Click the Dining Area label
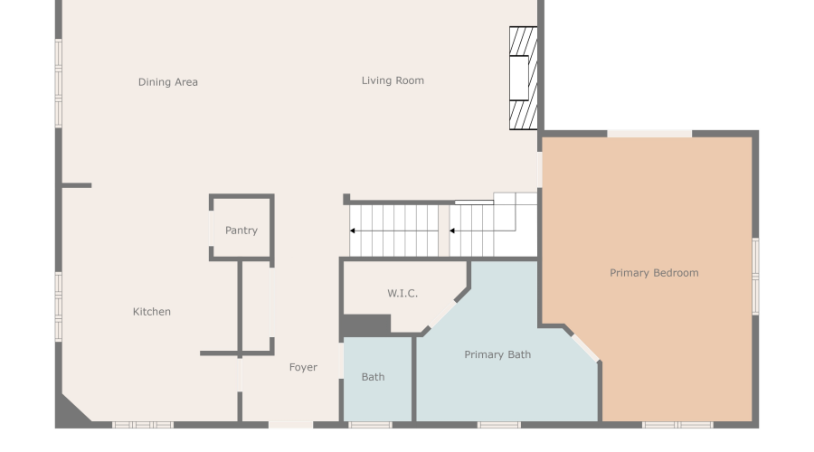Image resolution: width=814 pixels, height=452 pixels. (x=168, y=82)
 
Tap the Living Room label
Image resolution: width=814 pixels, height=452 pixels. (x=393, y=80)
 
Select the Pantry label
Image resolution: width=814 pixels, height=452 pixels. (x=241, y=231)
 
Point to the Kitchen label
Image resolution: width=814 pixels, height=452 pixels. (x=152, y=312)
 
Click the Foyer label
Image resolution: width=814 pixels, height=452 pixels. (x=303, y=368)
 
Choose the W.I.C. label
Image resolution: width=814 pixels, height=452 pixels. (x=402, y=294)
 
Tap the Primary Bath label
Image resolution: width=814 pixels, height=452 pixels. (x=497, y=355)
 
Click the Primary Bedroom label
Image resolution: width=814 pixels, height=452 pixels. (x=654, y=273)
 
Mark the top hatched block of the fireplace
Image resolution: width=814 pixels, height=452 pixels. (x=523, y=42)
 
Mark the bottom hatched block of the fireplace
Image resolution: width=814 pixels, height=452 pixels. (x=523, y=114)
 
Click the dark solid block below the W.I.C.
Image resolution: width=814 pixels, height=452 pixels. (x=365, y=325)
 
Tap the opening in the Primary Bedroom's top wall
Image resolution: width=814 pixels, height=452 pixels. (x=648, y=134)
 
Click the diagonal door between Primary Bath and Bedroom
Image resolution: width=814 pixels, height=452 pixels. (x=584, y=347)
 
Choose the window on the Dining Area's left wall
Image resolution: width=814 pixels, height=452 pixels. (x=58, y=82)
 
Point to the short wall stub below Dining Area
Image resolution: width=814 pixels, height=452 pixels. (x=77, y=185)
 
